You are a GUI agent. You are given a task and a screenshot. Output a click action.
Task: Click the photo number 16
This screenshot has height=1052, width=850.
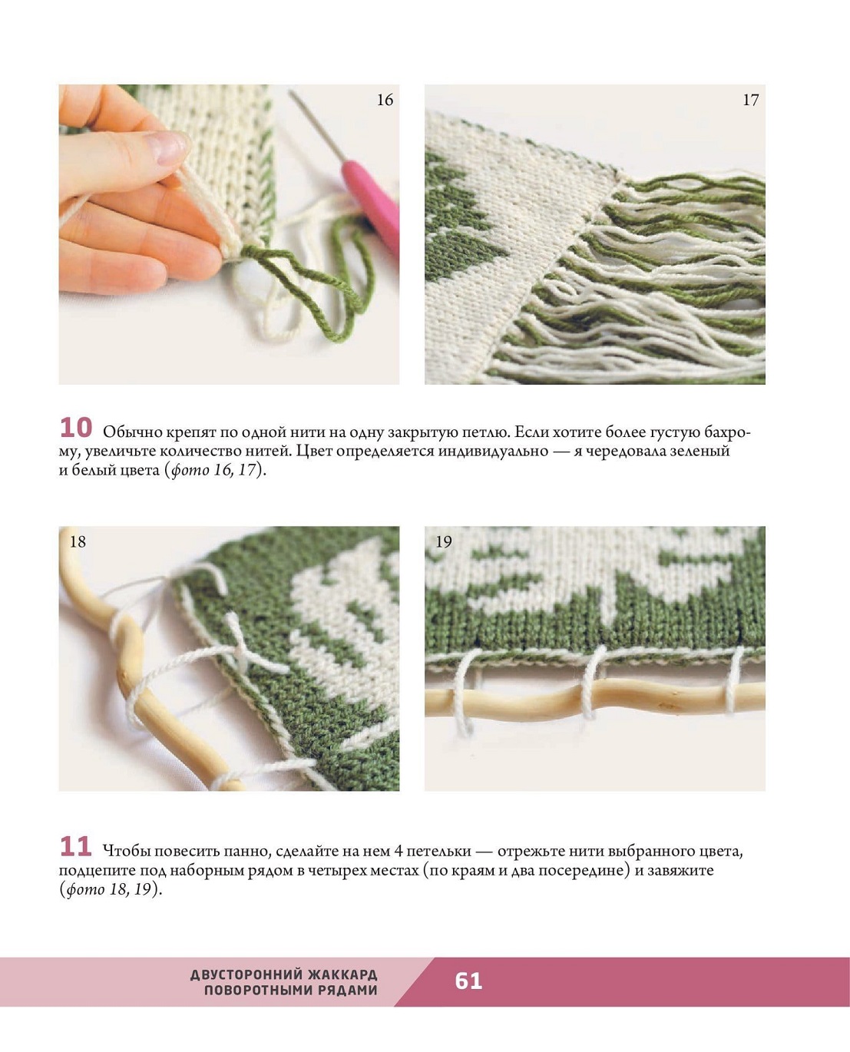[385, 101]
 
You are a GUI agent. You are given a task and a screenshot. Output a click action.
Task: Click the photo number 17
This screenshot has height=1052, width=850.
[750, 101]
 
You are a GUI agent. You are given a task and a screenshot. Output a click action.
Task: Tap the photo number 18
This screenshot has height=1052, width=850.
[78, 542]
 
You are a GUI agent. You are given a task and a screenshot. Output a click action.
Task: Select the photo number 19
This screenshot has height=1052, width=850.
[444, 542]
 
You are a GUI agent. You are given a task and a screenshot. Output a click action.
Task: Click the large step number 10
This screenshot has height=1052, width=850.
[76, 428]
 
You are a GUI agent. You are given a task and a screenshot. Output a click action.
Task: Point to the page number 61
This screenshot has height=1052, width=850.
[468, 981]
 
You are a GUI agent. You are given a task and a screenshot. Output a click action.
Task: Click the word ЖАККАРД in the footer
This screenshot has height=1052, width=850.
[342, 974]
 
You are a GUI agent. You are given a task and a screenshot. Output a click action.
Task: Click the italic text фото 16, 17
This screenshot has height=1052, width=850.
[213, 470]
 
